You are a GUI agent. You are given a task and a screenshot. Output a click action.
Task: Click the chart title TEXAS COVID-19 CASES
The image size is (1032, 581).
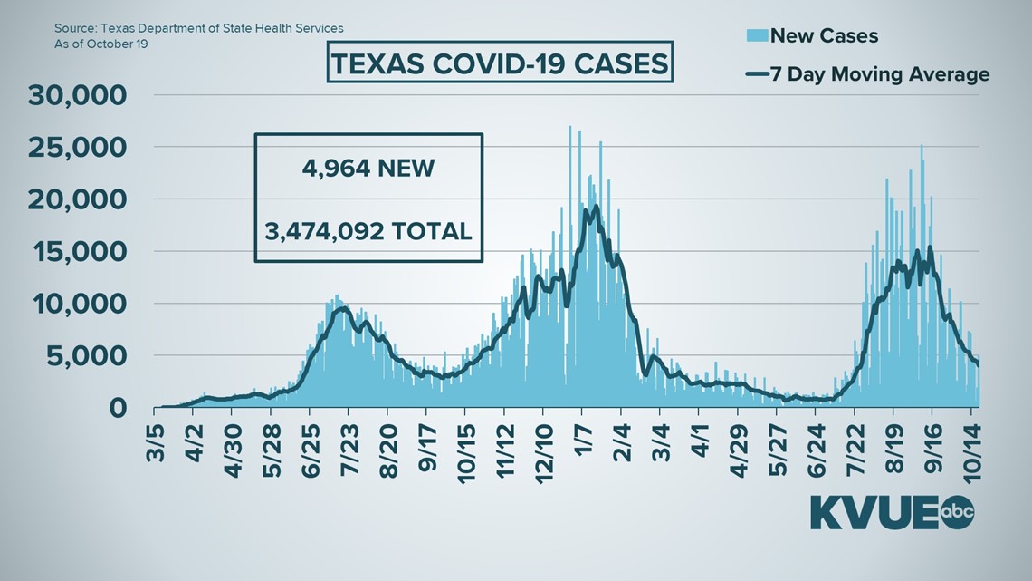[498, 65]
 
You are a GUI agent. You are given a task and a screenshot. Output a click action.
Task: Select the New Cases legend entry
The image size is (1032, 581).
[823, 36]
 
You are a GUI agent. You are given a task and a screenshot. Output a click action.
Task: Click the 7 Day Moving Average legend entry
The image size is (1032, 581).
[867, 74]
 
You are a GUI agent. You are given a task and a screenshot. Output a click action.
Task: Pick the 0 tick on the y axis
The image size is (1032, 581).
[118, 408]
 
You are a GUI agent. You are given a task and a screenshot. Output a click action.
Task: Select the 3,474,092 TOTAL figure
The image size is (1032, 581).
[368, 230]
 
